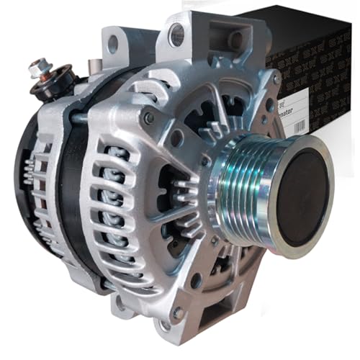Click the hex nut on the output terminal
tap(38, 70)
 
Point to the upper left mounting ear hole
tap(112, 44)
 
